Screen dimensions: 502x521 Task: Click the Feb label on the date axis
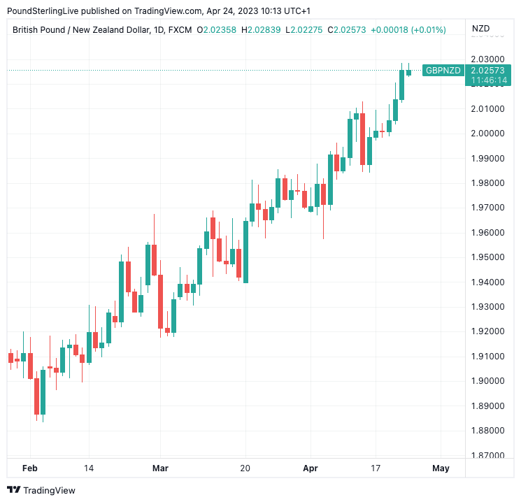coord(29,468)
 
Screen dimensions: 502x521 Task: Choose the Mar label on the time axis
coord(160,468)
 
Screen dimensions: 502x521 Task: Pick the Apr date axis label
coord(311,468)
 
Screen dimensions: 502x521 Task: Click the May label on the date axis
coord(441,468)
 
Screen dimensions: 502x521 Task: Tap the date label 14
coord(88,468)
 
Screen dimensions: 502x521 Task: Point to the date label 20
coord(245,468)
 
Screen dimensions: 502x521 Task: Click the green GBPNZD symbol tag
coord(443,71)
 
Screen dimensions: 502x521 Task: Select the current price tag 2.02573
coord(488,71)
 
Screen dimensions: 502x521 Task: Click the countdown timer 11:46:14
coord(488,80)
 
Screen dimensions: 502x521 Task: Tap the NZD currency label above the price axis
coord(481,29)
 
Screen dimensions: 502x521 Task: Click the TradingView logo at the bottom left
coord(41,490)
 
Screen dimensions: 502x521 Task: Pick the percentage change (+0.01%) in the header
coord(428,29)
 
